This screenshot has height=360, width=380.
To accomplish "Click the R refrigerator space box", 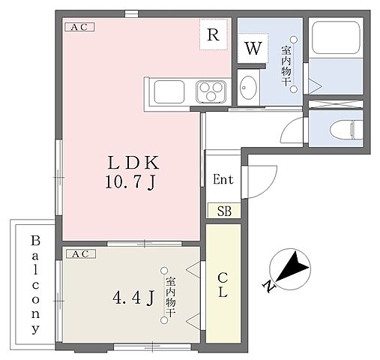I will tap(213, 34).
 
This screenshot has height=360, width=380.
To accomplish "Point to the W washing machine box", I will tap(253, 49).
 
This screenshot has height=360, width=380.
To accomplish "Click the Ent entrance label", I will tap(223, 180).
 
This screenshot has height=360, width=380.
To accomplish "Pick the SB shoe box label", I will tap(223, 211).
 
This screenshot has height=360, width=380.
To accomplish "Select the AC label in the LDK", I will tap(80, 27).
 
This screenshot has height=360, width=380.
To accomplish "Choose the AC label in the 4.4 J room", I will tap(80, 254).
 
